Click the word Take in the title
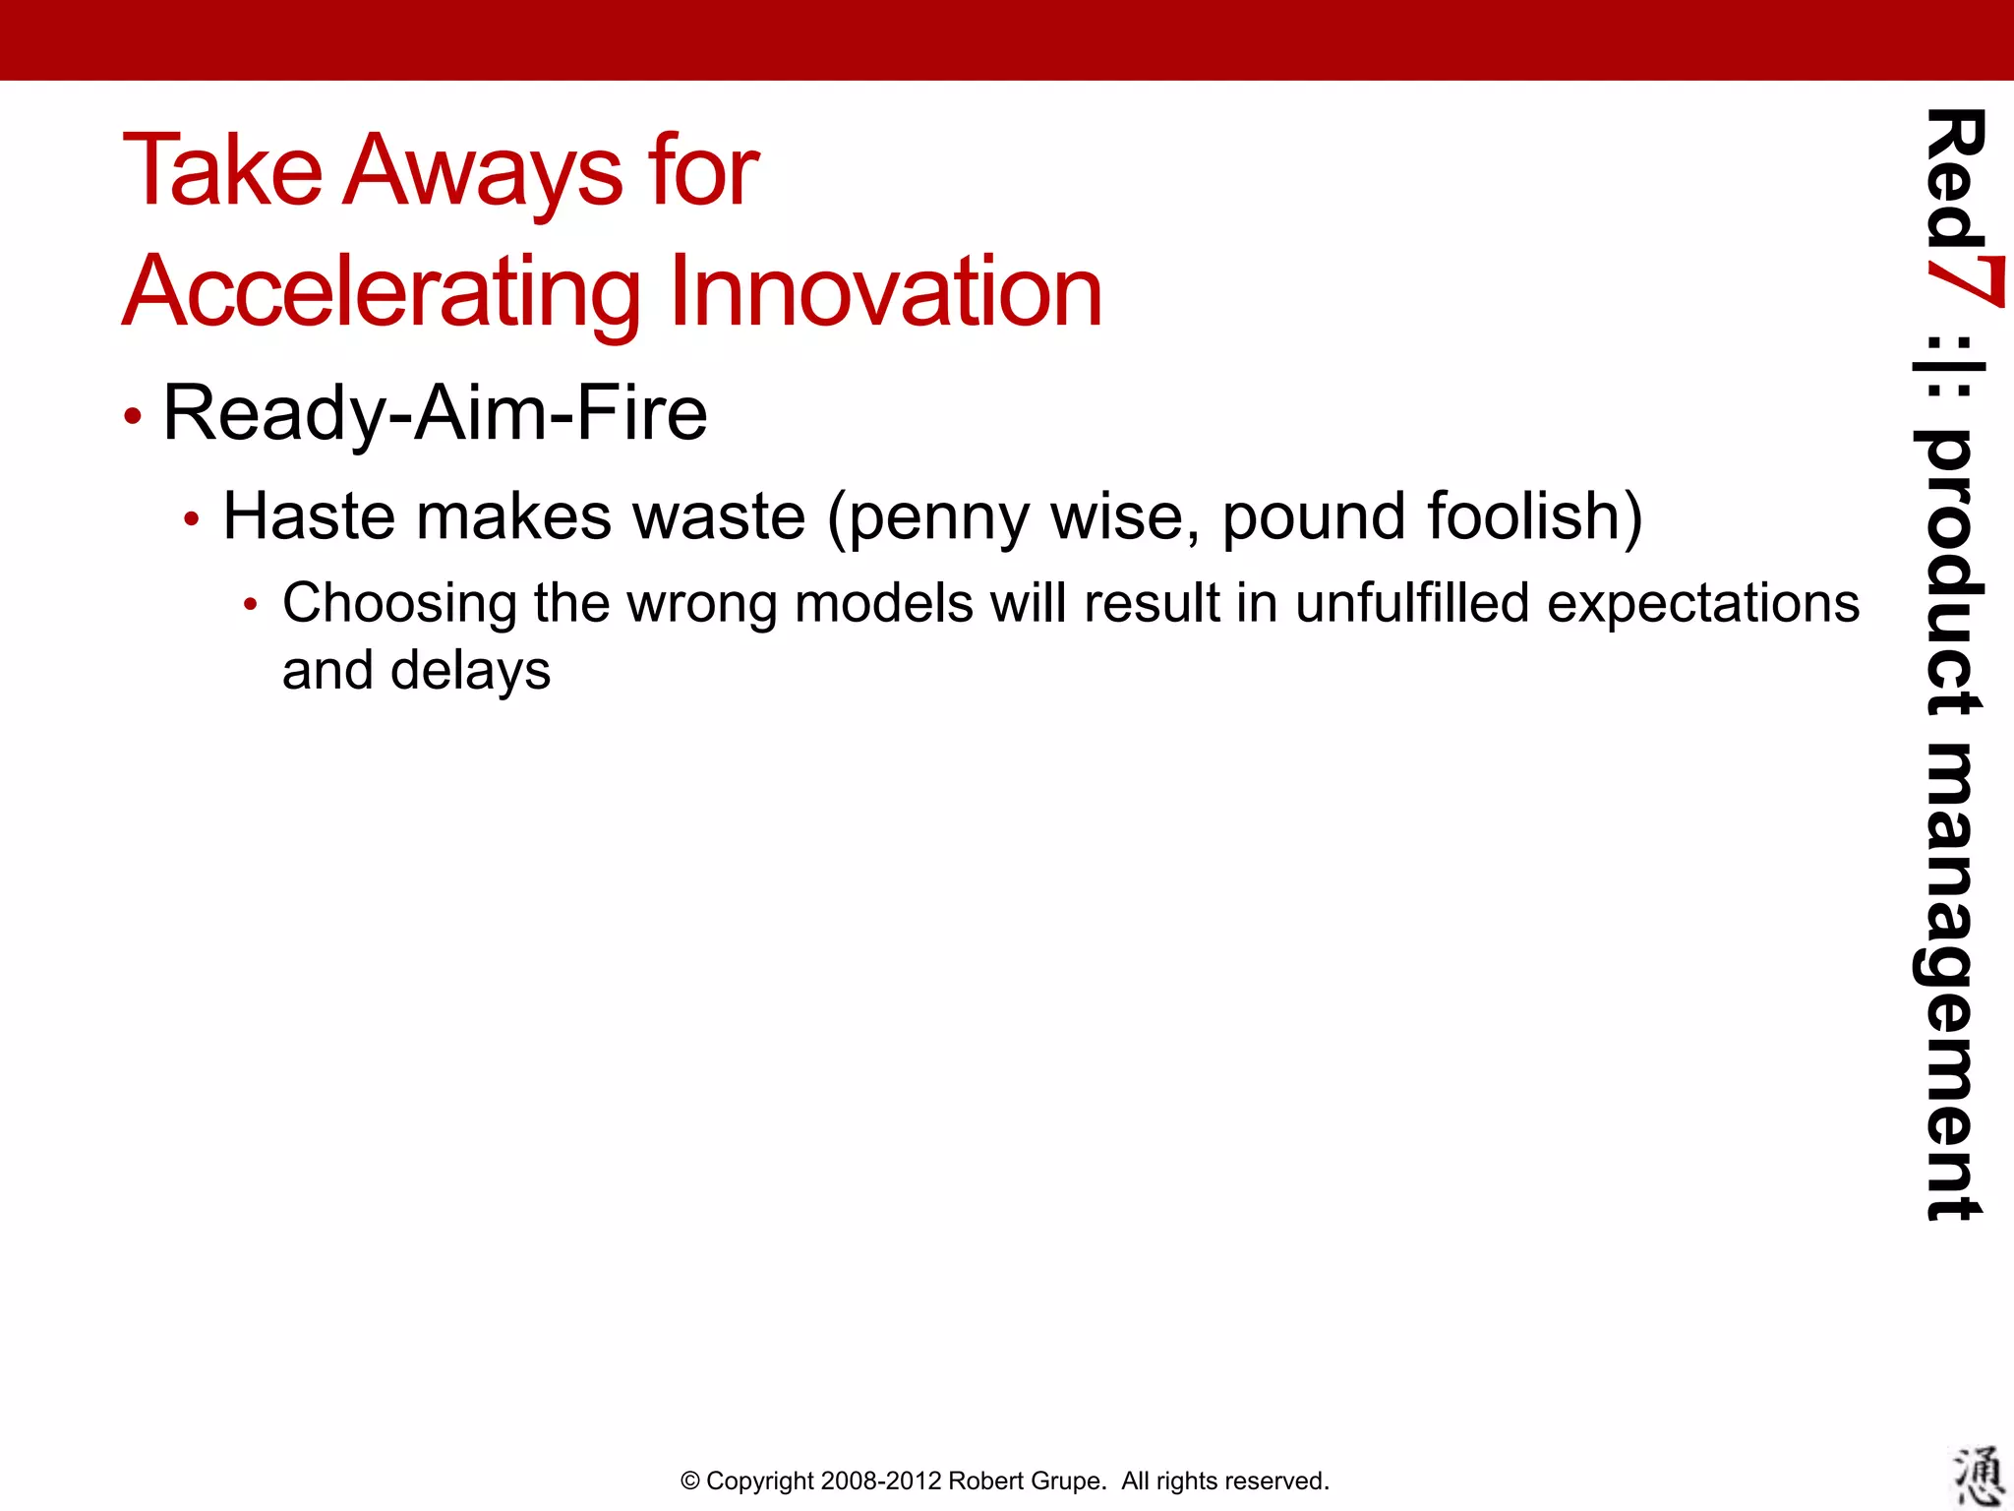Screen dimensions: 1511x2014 (x=222, y=171)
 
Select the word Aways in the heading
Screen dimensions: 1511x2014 (x=482, y=173)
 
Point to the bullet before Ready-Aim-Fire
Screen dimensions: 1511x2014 (x=133, y=416)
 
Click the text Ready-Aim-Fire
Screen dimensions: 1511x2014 (x=435, y=413)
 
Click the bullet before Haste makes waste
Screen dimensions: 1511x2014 (x=192, y=518)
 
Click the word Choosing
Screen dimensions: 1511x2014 (x=399, y=603)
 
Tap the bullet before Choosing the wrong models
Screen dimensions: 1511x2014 (x=251, y=605)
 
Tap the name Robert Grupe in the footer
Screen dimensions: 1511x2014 (x=1027, y=1481)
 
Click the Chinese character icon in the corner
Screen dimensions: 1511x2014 (x=1978, y=1477)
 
